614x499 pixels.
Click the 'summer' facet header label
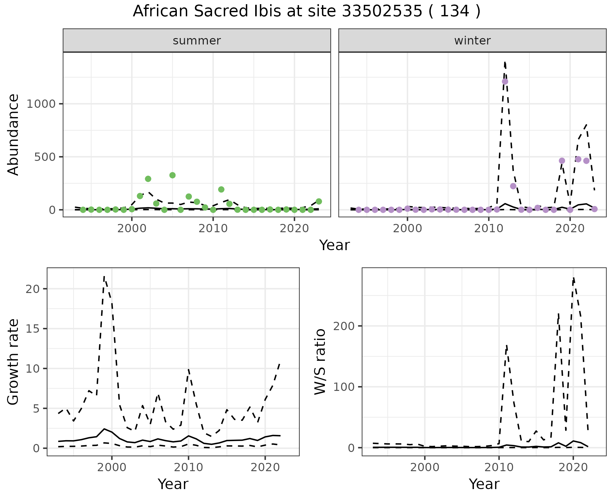pyautogui.click(x=197, y=41)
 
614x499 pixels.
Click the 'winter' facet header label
pyautogui.click(x=472, y=41)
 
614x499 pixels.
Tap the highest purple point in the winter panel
pyautogui.click(x=505, y=82)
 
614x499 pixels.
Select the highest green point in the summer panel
pyautogui.click(x=172, y=175)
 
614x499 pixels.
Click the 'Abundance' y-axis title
pyautogui.click(x=13, y=134)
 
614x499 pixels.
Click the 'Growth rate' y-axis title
pyautogui.click(x=13, y=362)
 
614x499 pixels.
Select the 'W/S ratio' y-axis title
pyautogui.click(x=320, y=362)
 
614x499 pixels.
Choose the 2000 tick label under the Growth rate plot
pyautogui.click(x=112, y=467)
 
